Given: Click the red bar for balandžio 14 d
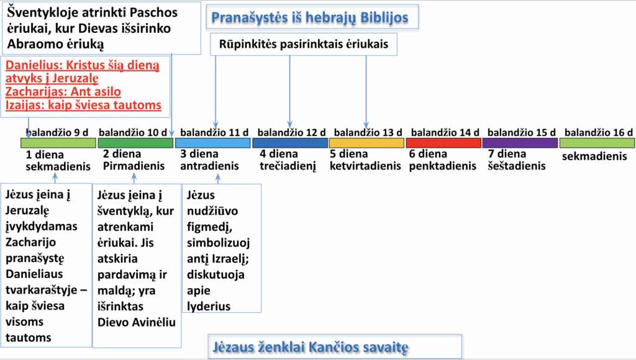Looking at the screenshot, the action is coord(443,143).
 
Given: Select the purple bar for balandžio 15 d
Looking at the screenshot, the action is coord(520,143).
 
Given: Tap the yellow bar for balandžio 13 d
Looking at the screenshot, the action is coord(366,143).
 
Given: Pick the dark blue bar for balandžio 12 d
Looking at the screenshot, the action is coord(289,143).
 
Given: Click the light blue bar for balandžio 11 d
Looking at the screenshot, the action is coord(212,143).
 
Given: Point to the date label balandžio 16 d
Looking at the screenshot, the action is coord(598,133).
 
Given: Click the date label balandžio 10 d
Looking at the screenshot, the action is coord(133,133).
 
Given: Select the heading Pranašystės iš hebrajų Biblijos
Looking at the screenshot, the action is coord(310,18).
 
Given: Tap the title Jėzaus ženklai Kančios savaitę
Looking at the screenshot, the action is coord(311,348).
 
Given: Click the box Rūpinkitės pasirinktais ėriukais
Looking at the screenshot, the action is coord(303,44).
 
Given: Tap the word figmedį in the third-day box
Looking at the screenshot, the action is coord(209,227).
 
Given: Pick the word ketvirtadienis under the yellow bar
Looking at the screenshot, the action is coord(365,166).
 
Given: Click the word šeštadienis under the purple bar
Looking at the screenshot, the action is coord(517,166).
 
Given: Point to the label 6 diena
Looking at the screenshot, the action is coord(428,154).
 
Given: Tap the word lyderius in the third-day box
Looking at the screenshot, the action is coord(209,306).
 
